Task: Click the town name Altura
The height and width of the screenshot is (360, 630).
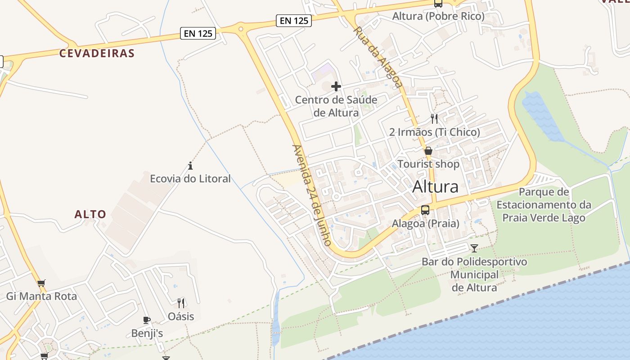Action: coord(435,186)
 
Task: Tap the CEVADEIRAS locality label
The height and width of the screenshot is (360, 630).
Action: coord(97,53)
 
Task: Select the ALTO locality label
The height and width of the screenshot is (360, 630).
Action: coord(90,214)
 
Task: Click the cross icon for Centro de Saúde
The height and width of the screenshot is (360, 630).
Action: coord(336,86)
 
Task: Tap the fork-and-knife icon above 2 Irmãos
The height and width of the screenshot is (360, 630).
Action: coord(434,119)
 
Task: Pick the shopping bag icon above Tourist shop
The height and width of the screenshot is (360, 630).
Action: coord(428,151)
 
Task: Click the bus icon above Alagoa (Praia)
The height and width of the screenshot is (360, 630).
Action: coord(425,210)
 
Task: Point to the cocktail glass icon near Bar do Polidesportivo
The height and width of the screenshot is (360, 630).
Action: coord(474,248)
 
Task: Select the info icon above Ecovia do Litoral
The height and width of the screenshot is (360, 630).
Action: coord(190,166)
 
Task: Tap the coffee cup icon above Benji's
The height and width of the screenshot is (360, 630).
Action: coord(147,320)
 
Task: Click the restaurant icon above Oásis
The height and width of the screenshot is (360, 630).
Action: coord(181,303)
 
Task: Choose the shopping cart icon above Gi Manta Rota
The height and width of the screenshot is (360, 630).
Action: coord(41,283)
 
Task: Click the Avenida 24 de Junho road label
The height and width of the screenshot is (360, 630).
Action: coord(312,195)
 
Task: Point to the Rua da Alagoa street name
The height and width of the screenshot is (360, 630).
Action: coord(378,57)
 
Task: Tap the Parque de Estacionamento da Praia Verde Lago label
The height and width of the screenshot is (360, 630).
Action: coord(544,205)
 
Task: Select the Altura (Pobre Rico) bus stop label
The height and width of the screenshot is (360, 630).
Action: coord(438,17)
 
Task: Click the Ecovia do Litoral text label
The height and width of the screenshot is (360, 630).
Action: coord(190,179)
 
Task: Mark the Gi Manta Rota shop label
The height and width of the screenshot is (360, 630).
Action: coord(41,297)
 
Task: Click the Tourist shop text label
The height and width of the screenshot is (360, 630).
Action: coord(428,164)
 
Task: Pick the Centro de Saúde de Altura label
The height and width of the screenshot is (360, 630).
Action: coord(336,106)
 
